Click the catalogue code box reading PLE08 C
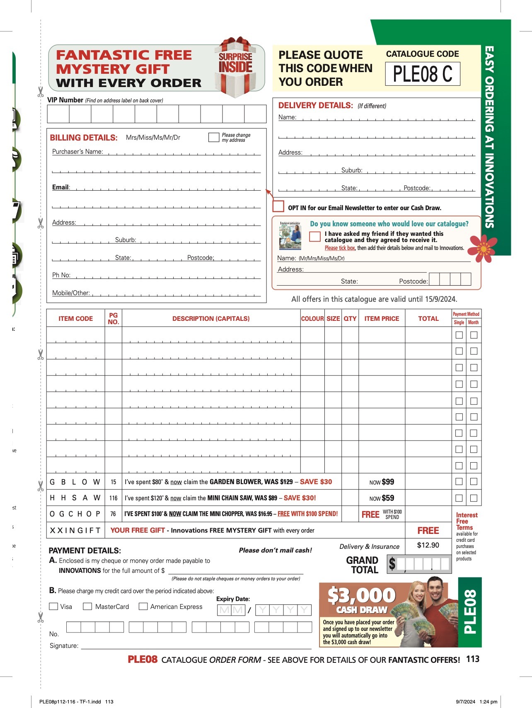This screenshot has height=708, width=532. [x=423, y=74]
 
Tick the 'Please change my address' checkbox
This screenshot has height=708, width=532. [x=214, y=138]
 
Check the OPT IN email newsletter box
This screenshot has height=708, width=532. [x=278, y=206]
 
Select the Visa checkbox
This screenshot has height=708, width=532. [x=53, y=606]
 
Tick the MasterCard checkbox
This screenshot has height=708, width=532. [x=87, y=606]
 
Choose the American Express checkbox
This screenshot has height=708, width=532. [x=143, y=606]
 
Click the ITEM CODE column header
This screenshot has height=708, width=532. [x=75, y=319]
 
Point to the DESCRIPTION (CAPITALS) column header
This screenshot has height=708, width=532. [x=211, y=319]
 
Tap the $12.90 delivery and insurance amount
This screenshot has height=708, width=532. [x=428, y=545]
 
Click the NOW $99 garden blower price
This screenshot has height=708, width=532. [x=382, y=482]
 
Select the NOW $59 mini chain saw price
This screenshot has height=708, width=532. [x=382, y=498]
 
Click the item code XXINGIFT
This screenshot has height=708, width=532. [x=75, y=531]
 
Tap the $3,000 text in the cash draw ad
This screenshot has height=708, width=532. [x=361, y=595]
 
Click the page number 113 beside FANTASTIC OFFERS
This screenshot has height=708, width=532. [x=473, y=659]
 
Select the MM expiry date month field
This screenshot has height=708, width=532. [x=231, y=610]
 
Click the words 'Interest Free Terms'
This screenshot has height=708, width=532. [x=467, y=521]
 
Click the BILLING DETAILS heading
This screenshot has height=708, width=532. [x=84, y=138]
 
